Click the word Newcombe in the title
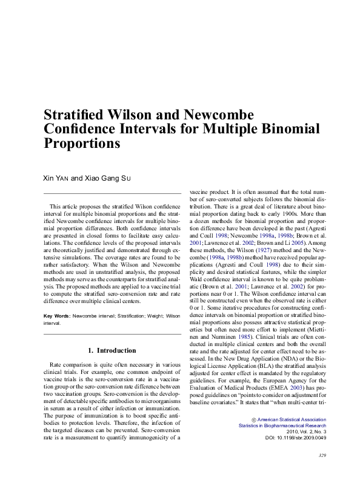[x=210, y=115]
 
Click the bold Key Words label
[x=57, y=316]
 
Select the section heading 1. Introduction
[x=113, y=350]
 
